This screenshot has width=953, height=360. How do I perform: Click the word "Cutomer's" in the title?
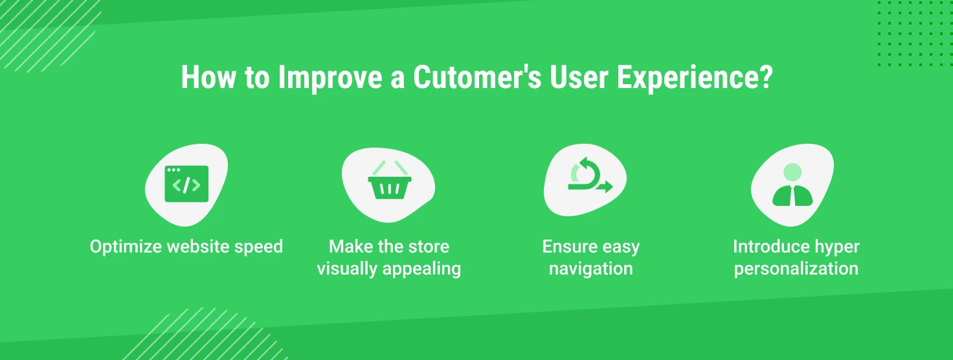pyautogui.click(x=477, y=77)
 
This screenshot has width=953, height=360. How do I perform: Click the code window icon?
pyautogui.click(x=186, y=184)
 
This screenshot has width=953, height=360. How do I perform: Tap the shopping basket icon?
pyautogui.click(x=390, y=180)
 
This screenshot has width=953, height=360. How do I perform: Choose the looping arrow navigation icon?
pyautogui.click(x=590, y=175)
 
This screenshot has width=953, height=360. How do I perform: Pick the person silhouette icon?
pyautogui.click(x=792, y=185)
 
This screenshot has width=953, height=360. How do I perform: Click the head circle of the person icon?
pyautogui.click(x=792, y=172)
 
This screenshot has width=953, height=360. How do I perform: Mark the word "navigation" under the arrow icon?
pyautogui.click(x=591, y=269)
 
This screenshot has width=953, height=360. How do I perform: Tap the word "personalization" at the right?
pyautogui.click(x=796, y=269)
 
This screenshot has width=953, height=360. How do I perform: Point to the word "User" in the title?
pyautogui.click(x=579, y=77)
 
